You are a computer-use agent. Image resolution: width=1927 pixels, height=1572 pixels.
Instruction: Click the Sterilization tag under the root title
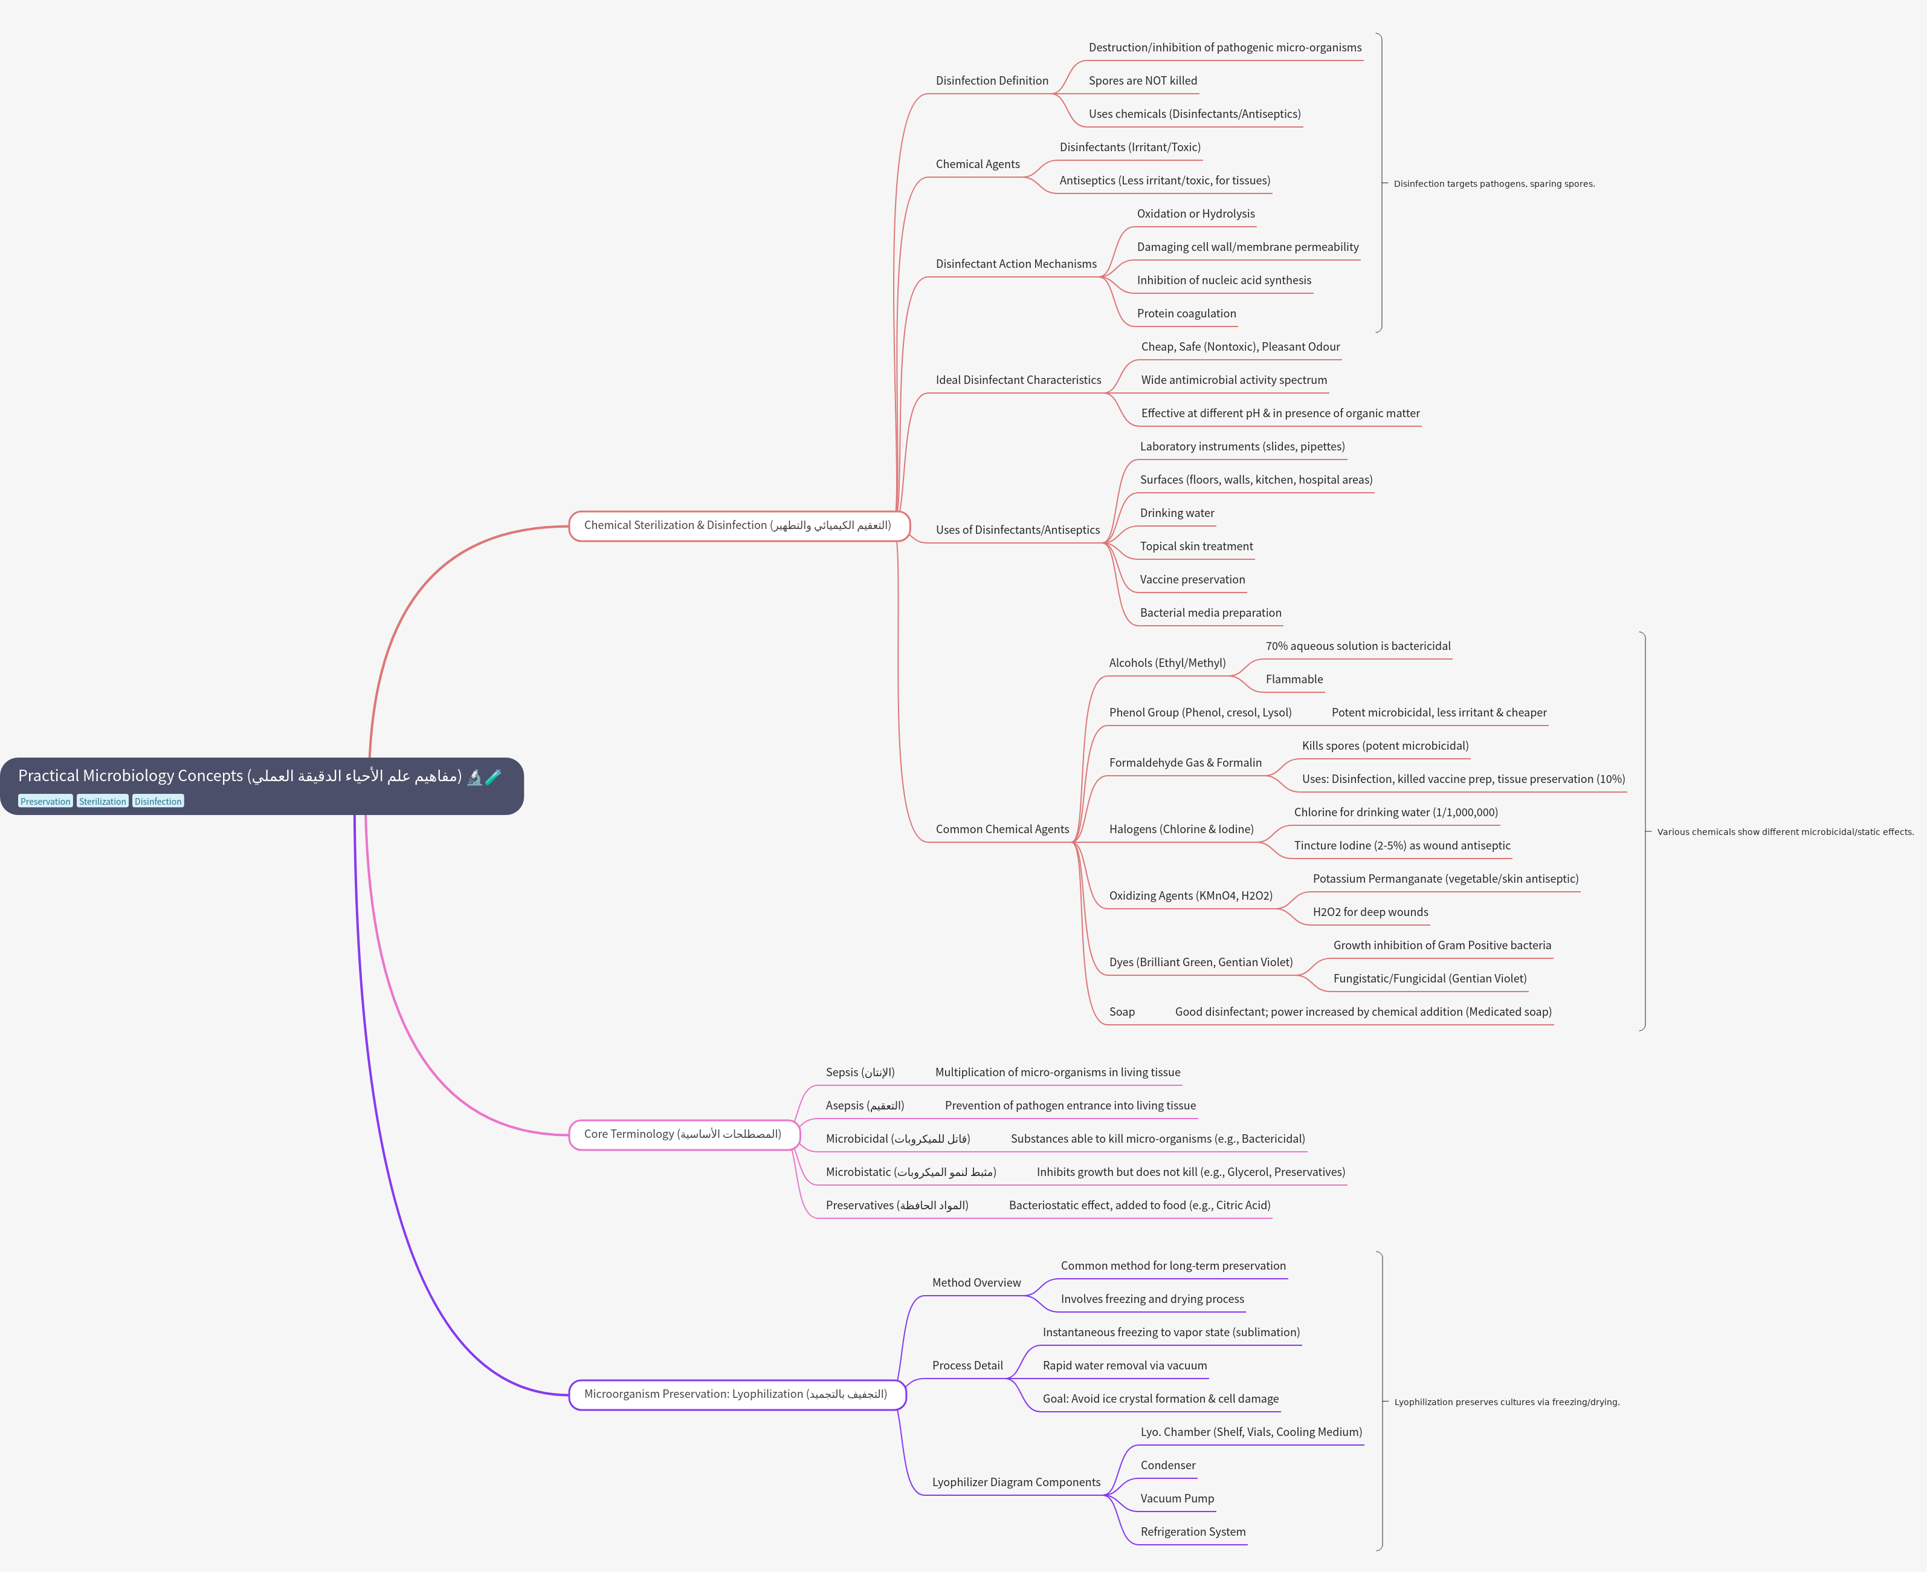(x=102, y=801)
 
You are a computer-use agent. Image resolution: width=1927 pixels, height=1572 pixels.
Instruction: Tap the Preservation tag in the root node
(x=45, y=801)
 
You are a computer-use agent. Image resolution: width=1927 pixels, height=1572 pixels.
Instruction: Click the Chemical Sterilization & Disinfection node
(x=738, y=525)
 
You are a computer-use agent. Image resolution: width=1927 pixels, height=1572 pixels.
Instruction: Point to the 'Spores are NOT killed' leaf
(x=1142, y=80)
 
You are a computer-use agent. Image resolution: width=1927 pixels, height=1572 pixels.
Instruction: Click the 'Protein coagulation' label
(x=1186, y=313)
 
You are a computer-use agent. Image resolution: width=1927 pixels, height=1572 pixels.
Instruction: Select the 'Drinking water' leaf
(x=1177, y=513)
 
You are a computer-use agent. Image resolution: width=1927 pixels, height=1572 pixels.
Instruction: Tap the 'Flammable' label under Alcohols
(x=1293, y=679)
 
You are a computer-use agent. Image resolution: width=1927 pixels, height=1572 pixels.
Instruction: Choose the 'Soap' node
(x=1122, y=1012)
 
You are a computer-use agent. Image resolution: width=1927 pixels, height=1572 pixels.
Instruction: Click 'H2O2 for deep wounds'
(x=1369, y=912)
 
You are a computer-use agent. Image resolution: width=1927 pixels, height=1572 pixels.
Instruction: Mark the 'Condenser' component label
(x=1167, y=1465)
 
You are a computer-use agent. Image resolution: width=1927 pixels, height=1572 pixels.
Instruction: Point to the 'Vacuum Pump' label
(x=1177, y=1499)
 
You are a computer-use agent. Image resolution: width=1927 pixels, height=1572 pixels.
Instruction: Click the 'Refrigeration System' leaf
(x=1192, y=1531)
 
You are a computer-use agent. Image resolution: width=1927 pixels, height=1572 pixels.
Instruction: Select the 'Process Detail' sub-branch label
(x=967, y=1366)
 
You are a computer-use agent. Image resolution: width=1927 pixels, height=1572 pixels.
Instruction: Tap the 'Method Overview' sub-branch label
(x=976, y=1282)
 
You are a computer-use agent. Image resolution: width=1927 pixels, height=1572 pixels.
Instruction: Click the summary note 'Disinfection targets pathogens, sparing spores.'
(x=1494, y=184)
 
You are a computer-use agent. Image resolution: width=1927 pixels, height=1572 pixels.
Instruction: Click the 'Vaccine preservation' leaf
(x=1192, y=580)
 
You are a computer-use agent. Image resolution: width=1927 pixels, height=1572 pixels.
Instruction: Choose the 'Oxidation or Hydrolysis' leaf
(x=1195, y=213)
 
